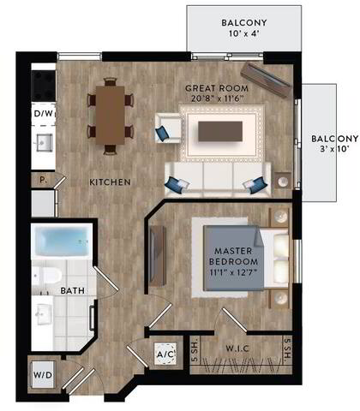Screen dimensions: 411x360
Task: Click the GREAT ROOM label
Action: point(218,87)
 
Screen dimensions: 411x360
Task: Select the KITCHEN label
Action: point(111,182)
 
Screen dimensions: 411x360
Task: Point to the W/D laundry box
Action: point(43,374)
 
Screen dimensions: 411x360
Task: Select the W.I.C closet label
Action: point(237,348)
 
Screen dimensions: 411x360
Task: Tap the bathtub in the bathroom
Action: point(63,242)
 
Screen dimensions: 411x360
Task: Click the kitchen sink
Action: point(42,141)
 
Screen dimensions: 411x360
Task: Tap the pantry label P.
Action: point(42,180)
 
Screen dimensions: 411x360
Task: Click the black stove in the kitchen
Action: point(41,83)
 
